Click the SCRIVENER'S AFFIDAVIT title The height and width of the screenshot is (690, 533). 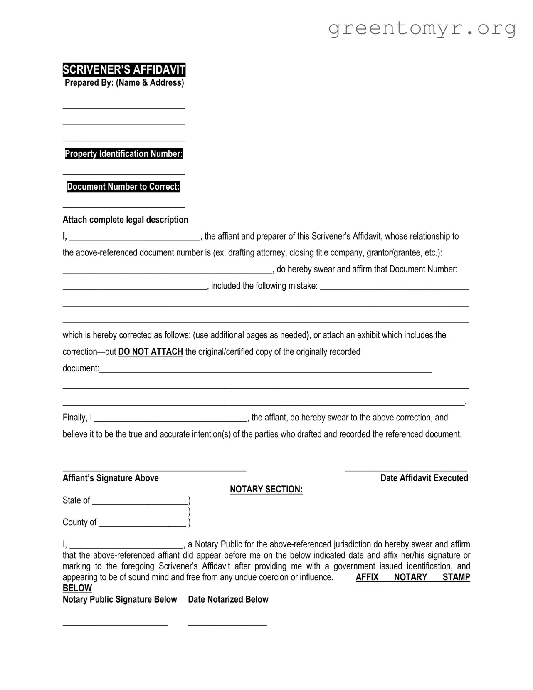[x=124, y=70]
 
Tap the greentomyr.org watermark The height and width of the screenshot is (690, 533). [x=422, y=28]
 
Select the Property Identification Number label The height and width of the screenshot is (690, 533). [x=123, y=154]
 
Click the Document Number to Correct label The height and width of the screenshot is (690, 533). [x=123, y=187]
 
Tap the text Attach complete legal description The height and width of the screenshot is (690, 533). [x=125, y=220]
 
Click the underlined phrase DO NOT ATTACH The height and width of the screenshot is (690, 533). [x=151, y=352]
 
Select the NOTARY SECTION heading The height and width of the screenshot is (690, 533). [x=266, y=490]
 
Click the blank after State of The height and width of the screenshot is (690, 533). [x=140, y=503]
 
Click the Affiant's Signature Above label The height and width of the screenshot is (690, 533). [x=111, y=478]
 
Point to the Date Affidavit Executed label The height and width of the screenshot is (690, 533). [x=424, y=478]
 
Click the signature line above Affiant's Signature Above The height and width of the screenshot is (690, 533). [x=154, y=470]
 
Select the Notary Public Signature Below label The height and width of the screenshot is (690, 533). [x=120, y=600]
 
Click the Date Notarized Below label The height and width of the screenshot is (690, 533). [x=228, y=600]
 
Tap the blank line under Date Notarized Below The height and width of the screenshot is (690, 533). [x=227, y=624]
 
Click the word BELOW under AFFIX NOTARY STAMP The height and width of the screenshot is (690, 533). [x=77, y=589]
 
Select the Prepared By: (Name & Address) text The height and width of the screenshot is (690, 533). [x=124, y=83]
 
